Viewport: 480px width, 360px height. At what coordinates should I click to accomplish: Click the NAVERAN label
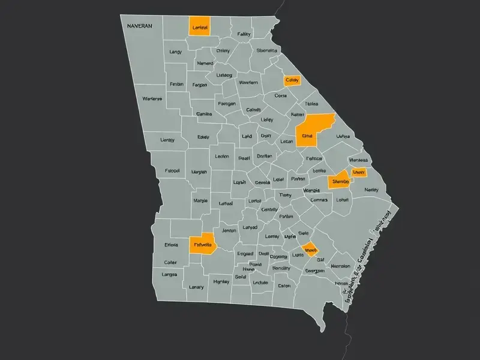click(140, 26)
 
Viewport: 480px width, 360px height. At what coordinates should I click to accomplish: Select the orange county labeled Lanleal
click(199, 27)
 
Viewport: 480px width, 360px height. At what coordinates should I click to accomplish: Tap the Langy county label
click(175, 52)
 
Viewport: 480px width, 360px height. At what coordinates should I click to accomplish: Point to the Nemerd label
click(205, 63)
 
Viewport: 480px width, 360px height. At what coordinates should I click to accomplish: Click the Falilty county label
click(244, 34)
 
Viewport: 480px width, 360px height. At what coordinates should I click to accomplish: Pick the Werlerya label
click(152, 98)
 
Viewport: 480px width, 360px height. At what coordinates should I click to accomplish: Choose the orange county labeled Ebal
click(308, 136)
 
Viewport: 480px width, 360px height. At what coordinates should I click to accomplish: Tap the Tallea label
click(311, 104)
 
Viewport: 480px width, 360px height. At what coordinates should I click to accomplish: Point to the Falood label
click(172, 170)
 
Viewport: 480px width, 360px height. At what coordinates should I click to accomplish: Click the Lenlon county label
click(221, 156)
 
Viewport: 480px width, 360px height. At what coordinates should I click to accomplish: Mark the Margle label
click(200, 200)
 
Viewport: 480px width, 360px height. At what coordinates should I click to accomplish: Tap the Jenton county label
click(229, 230)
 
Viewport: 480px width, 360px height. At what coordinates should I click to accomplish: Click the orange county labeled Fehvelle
click(203, 245)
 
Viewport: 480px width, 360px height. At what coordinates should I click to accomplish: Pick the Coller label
click(170, 262)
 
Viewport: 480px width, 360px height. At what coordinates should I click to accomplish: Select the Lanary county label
click(196, 287)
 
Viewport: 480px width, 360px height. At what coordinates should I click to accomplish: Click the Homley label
click(221, 281)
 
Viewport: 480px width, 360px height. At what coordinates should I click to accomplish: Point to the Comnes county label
click(319, 200)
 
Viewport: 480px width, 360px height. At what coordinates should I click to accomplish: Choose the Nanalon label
click(340, 265)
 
